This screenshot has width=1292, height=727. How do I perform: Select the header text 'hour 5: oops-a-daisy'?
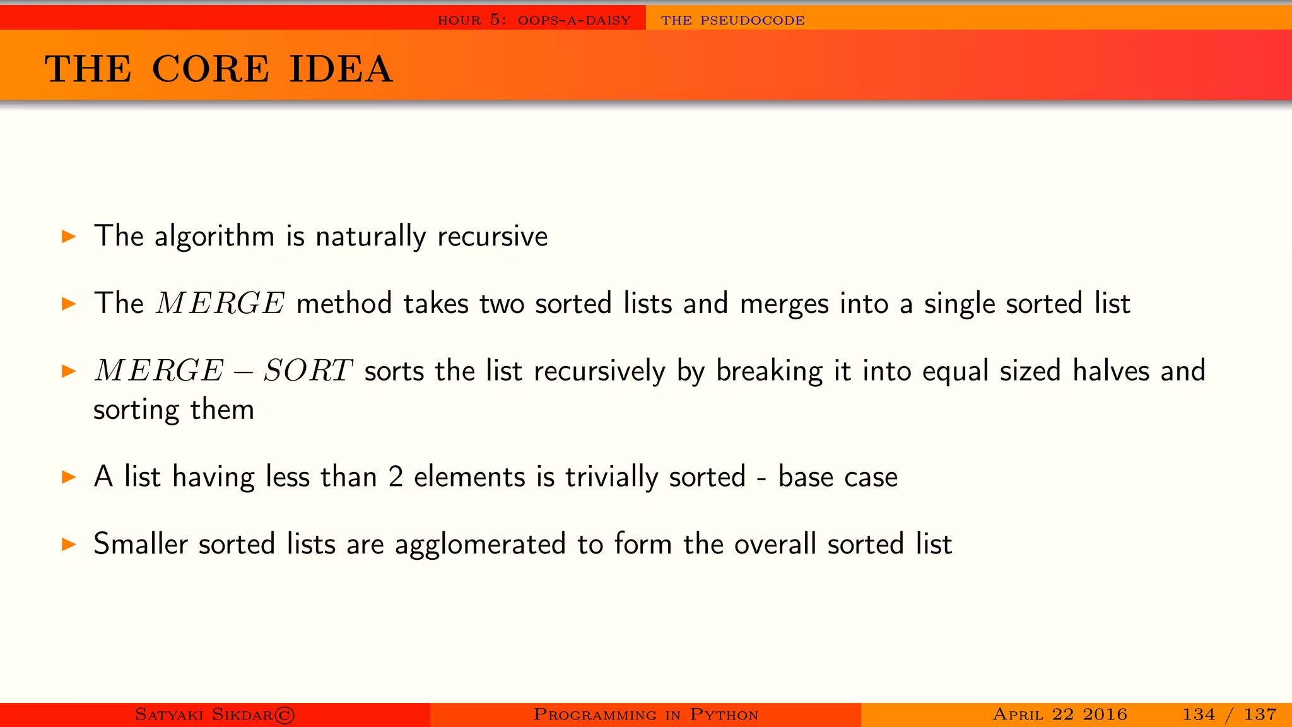pyautogui.click(x=534, y=20)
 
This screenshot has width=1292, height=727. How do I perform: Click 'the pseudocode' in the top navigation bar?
pyautogui.click(x=732, y=20)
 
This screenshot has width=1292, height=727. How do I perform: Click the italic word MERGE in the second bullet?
pyautogui.click(x=221, y=304)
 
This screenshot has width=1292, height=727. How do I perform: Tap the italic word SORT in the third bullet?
pyautogui.click(x=307, y=370)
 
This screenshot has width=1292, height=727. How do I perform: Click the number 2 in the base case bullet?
pyautogui.click(x=396, y=477)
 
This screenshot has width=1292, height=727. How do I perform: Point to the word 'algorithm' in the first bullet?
pyautogui.click(x=214, y=237)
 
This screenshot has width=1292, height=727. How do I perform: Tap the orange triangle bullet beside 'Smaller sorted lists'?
pyautogui.click(x=69, y=544)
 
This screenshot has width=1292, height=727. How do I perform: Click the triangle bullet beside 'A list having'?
pyautogui.click(x=69, y=476)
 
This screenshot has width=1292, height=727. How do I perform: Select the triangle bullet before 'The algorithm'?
pyautogui.click(x=69, y=237)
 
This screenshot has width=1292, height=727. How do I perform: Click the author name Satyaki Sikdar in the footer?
pyautogui.click(x=204, y=714)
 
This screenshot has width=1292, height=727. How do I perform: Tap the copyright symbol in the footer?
pyautogui.click(x=285, y=715)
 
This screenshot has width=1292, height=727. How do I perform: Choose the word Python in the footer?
pyautogui.click(x=724, y=714)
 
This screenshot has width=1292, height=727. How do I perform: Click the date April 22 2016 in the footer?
pyautogui.click(x=1060, y=714)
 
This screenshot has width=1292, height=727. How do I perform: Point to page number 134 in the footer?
pyautogui.click(x=1199, y=714)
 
